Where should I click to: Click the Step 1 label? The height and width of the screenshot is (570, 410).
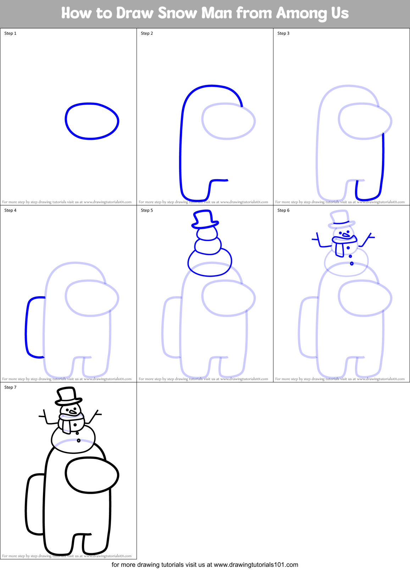10,33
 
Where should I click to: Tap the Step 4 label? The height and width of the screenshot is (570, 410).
10,210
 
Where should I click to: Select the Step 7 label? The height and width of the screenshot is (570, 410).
10,387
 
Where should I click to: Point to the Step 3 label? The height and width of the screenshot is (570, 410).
283,33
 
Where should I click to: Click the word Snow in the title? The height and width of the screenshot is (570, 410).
177,13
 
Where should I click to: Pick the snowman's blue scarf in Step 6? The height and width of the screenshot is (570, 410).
340,245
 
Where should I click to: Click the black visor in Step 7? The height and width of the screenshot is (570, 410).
92,475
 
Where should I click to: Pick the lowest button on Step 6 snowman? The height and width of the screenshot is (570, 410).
352,264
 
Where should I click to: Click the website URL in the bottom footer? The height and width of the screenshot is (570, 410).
256,565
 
